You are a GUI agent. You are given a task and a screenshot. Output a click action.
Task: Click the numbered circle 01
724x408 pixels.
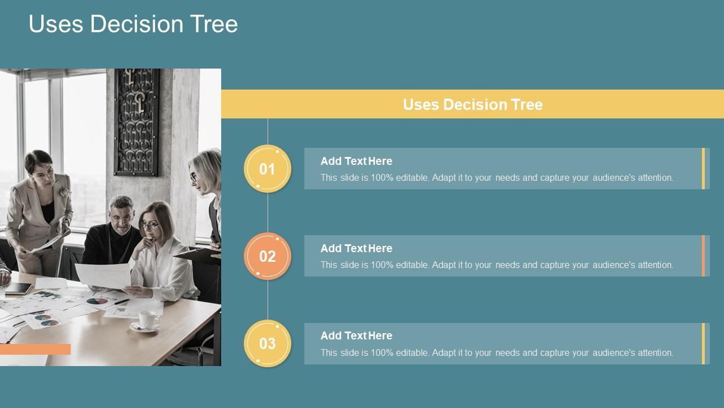point(267,169)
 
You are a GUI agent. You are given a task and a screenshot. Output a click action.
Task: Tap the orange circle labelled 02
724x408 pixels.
point(267,256)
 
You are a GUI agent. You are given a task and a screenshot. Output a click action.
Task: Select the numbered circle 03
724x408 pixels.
point(267,343)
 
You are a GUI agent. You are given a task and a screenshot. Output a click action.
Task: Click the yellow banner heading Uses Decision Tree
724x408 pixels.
point(472,104)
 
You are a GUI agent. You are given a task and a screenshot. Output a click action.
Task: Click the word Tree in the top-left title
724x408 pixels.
point(214,24)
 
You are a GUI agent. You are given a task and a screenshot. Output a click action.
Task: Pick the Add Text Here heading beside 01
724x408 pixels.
point(356,161)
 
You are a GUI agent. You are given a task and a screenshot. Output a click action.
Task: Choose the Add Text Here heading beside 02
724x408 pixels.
point(356,248)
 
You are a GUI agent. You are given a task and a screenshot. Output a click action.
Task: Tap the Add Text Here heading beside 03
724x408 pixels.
point(356,335)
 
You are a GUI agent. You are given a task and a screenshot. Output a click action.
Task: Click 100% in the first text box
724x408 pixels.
point(382,178)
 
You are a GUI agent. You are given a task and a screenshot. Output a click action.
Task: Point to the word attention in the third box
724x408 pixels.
point(655,353)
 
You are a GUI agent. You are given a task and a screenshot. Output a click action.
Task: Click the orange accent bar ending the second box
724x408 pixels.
point(703,256)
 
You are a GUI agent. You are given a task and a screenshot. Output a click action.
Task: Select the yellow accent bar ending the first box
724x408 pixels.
point(703,168)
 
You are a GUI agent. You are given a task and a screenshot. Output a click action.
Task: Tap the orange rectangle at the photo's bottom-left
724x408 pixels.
point(35,349)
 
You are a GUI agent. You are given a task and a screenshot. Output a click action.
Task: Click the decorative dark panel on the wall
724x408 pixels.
point(137,122)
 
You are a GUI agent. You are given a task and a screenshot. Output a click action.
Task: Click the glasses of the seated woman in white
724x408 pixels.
point(148,226)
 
